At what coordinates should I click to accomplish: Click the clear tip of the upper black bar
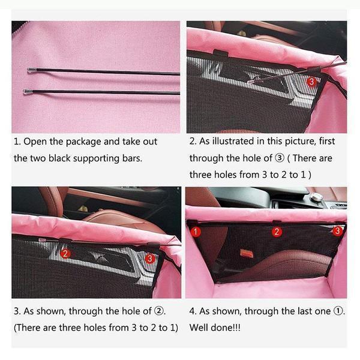[31, 70]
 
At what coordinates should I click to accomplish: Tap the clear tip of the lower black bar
[28, 92]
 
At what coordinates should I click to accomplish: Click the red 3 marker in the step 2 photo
[311, 82]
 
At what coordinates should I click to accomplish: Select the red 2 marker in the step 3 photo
[65, 253]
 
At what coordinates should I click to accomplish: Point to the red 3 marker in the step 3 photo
[149, 259]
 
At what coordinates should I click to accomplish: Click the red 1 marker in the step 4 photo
[196, 232]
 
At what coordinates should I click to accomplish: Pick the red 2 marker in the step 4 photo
[277, 232]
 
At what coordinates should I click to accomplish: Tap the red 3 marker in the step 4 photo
[337, 230]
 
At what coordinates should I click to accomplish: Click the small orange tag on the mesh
[247, 253]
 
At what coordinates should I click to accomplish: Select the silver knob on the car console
[316, 197]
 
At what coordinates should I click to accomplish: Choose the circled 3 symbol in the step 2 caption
[280, 158]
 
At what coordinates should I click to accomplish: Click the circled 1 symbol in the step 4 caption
[338, 311]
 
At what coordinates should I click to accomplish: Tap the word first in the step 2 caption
[327, 141]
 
